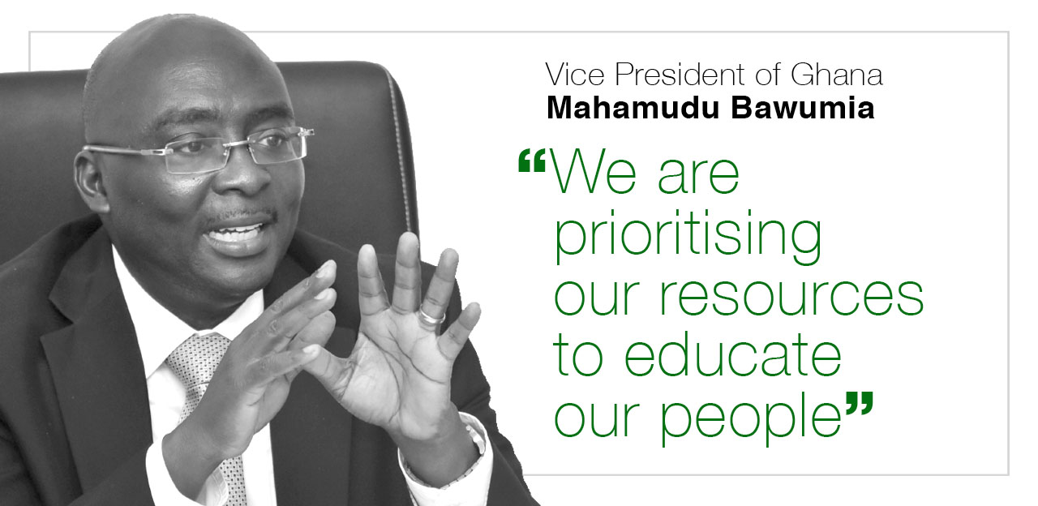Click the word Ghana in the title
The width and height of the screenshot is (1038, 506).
tap(836, 75)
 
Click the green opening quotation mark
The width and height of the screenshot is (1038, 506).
tap(531, 161)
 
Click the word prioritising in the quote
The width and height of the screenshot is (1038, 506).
tap(688, 236)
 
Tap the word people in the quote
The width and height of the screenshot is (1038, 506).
tap(751, 416)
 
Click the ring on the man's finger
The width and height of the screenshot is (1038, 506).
tap(432, 315)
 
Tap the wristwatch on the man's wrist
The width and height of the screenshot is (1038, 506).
tap(473, 433)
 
